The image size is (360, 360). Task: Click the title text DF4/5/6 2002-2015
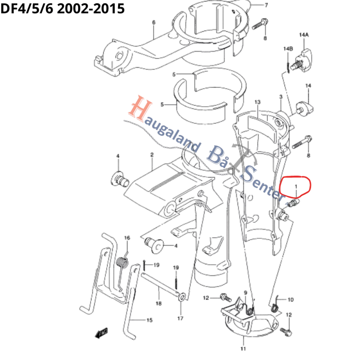[63, 9]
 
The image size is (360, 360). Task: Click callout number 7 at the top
[266, 5]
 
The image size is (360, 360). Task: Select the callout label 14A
[304, 35]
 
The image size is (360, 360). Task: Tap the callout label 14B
[288, 49]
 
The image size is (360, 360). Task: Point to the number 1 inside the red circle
[296, 186]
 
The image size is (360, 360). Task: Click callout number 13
[258, 102]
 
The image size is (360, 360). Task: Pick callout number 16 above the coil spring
[127, 238]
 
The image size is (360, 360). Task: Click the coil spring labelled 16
[122, 262]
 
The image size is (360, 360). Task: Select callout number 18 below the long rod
[159, 303]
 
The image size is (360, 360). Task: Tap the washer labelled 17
[182, 297]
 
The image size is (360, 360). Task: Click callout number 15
[149, 320]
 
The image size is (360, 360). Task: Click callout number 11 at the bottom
[243, 349]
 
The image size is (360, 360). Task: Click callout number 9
[245, 293]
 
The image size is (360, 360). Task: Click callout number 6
[154, 22]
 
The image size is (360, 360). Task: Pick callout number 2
[152, 155]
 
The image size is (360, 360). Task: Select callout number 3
[281, 97]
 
